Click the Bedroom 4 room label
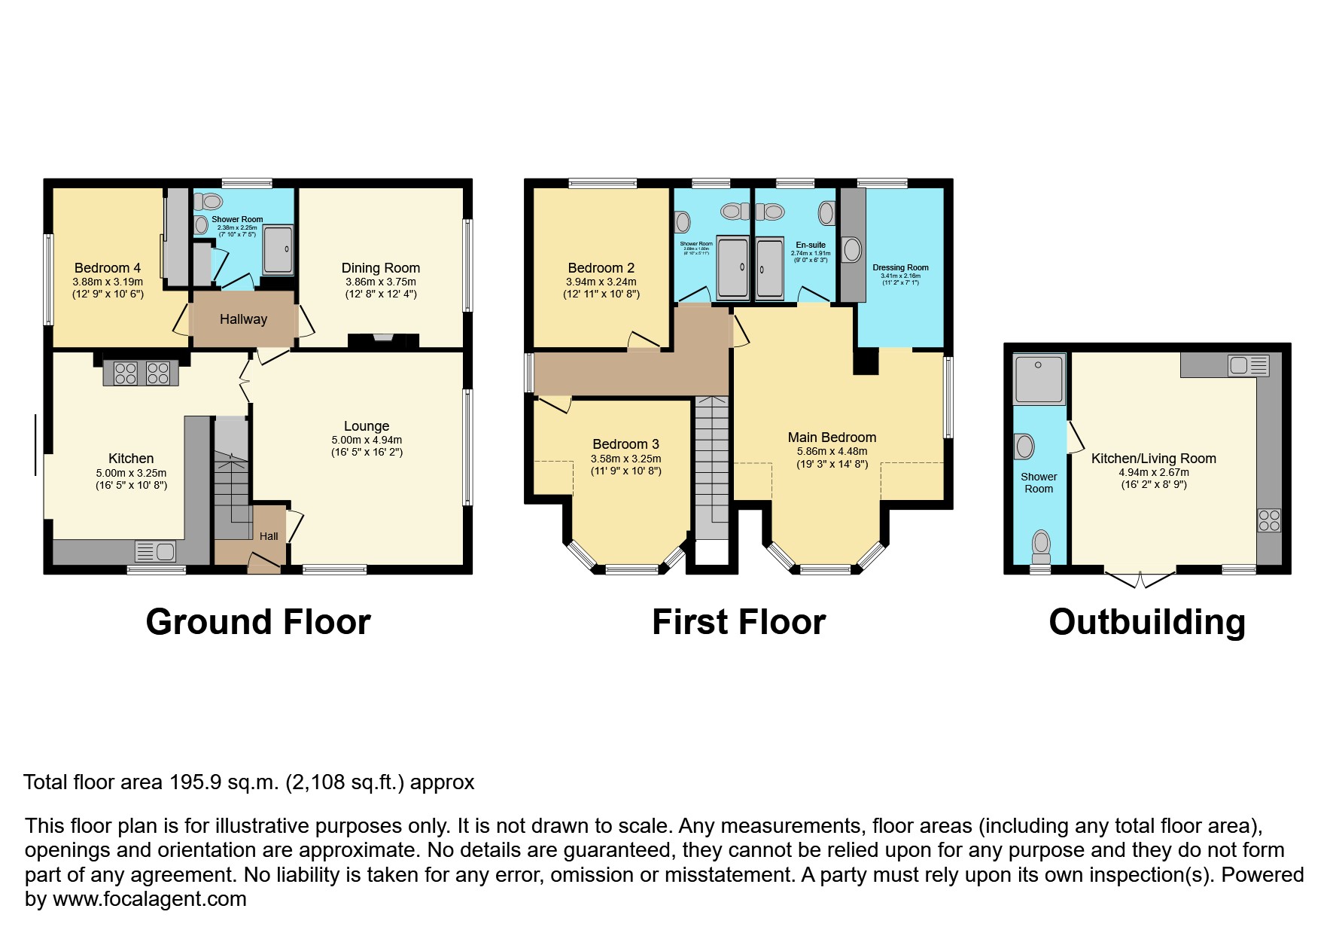pos(108,267)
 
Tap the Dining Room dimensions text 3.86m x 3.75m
pos(380,282)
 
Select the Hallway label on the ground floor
pos(243,319)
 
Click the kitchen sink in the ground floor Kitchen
pos(156,551)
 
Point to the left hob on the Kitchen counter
pos(125,374)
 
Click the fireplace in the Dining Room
pos(382,340)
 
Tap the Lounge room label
pos(367,425)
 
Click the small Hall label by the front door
pos(269,536)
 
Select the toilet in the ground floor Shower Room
pos(209,201)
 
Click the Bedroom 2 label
pos(601,267)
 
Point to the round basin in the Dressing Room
pos(852,249)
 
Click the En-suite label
pos(811,245)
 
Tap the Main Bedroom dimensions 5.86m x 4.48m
pos(832,451)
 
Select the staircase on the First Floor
pos(711,467)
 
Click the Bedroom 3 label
pos(625,444)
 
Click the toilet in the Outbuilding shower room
pos(1041,544)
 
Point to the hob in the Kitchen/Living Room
pos(1269,520)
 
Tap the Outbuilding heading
pos(1147,622)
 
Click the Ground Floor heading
pos(258,622)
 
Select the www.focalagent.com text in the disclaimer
pos(149,899)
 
